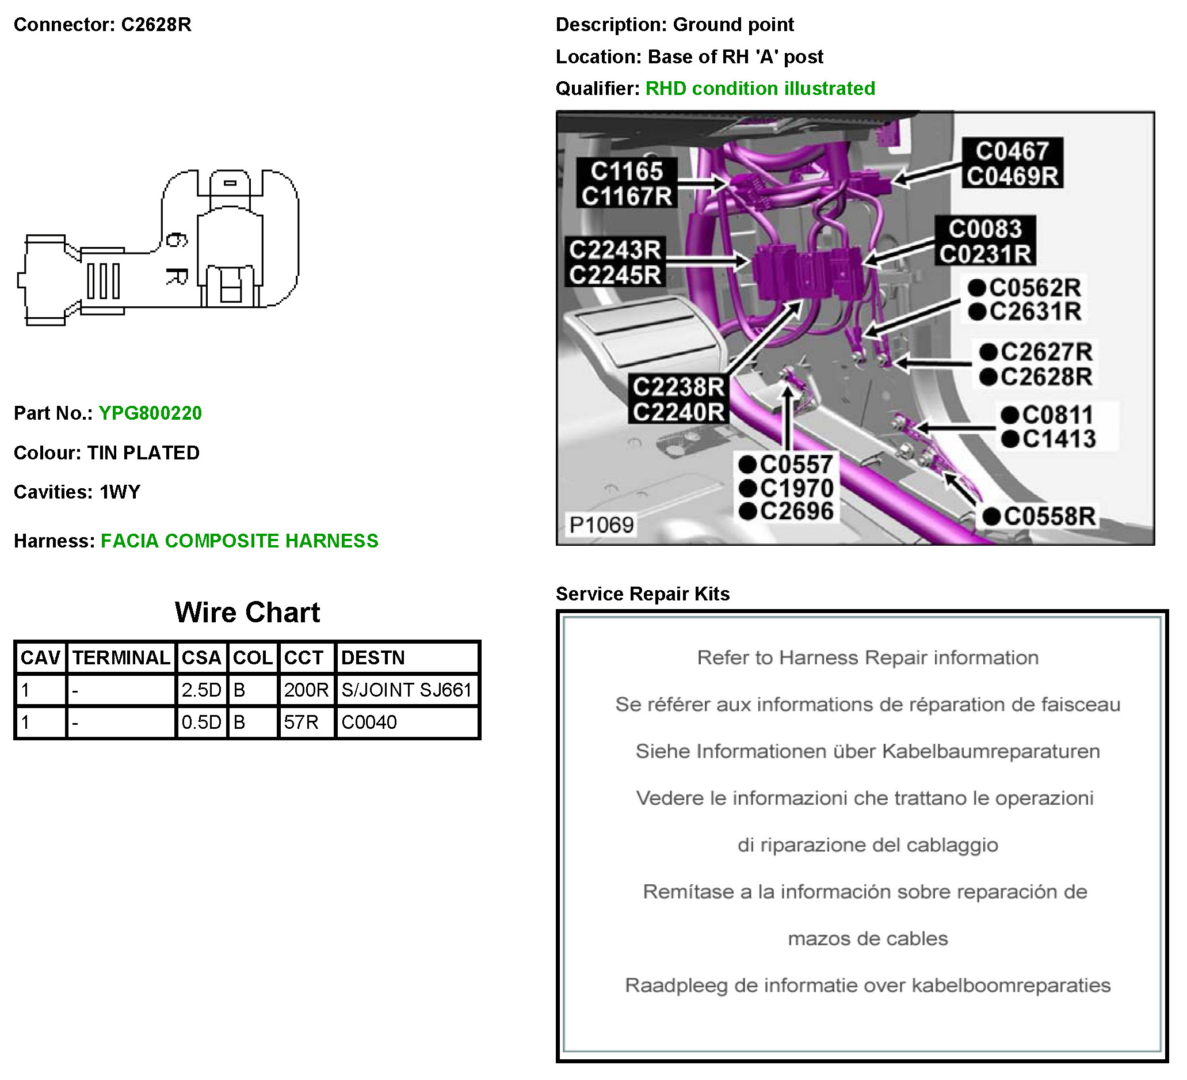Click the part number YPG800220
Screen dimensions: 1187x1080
(150, 413)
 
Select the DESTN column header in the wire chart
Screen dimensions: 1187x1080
(373, 657)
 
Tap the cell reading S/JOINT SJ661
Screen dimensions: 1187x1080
(406, 690)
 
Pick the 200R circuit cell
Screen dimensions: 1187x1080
(306, 690)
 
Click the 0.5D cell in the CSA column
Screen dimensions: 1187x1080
(201, 722)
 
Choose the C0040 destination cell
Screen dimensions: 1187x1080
(369, 722)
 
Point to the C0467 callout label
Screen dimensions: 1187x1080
(1012, 151)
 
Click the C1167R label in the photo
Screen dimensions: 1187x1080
(627, 196)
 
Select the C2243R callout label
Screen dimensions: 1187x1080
(615, 250)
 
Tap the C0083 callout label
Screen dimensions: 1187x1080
(984, 229)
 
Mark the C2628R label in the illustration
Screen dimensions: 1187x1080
(1045, 377)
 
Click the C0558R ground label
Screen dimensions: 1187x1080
(1049, 516)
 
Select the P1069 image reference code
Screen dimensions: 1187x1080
(601, 524)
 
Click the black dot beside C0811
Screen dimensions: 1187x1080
(1010, 416)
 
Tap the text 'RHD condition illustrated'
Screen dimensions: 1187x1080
(759, 89)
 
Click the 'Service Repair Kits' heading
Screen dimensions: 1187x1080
(642, 594)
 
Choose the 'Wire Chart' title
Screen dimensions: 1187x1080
(247, 613)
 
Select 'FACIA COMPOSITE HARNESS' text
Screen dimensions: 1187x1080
(239, 541)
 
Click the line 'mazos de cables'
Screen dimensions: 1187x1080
(867, 938)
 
